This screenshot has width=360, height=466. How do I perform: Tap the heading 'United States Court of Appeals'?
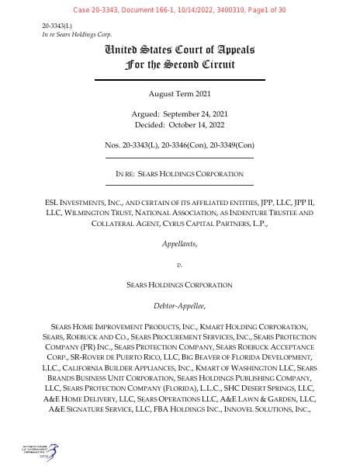click(179, 50)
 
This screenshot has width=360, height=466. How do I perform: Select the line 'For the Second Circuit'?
click(179, 65)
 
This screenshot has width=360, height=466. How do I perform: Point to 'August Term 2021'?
click(179, 97)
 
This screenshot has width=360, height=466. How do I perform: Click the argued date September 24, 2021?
click(179, 115)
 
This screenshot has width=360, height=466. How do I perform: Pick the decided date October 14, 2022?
click(179, 124)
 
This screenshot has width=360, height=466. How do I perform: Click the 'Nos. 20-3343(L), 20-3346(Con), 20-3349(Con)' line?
click(179, 144)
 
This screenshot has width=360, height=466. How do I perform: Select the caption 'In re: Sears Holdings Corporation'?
click(179, 173)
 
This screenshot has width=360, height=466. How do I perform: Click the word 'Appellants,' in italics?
click(179, 243)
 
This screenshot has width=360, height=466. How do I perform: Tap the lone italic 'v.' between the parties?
click(179, 265)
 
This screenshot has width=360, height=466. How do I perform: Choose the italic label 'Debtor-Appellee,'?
click(179, 306)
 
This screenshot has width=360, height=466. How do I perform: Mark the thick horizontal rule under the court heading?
click(179, 80)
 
